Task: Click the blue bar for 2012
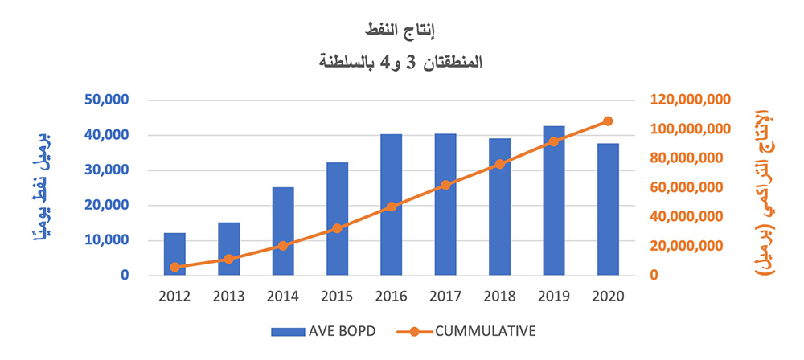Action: click(175, 254)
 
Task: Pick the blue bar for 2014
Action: click(283, 231)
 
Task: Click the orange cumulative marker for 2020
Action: click(608, 121)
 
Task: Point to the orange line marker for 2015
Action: click(338, 228)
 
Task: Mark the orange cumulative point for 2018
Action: click(499, 164)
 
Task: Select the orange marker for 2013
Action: click(229, 259)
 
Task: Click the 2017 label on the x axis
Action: click(445, 296)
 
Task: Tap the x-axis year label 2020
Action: click(608, 296)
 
